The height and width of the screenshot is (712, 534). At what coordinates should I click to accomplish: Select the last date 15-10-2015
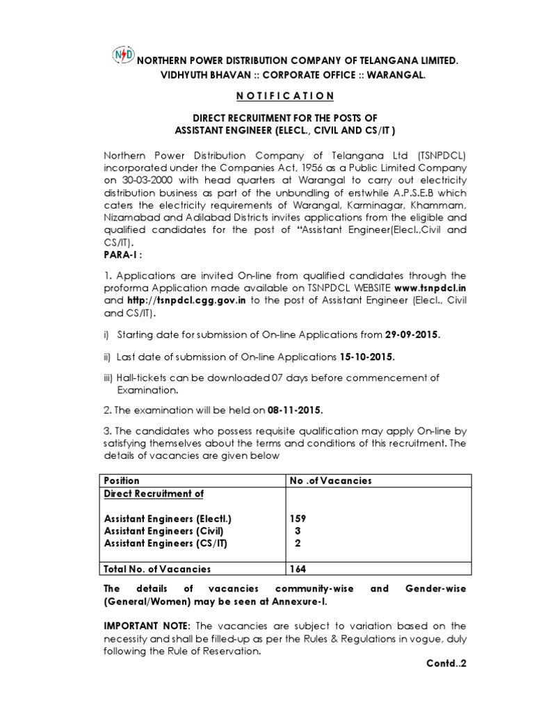366,357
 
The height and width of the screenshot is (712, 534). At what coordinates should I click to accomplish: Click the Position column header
122,480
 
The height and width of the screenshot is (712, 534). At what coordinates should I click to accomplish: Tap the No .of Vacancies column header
330,480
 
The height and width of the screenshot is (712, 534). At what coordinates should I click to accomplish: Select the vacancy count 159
298,519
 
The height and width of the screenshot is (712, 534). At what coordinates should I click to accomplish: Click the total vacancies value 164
298,569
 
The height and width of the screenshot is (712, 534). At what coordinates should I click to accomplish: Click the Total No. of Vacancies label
157,569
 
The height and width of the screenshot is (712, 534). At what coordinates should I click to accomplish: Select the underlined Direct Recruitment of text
154,493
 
